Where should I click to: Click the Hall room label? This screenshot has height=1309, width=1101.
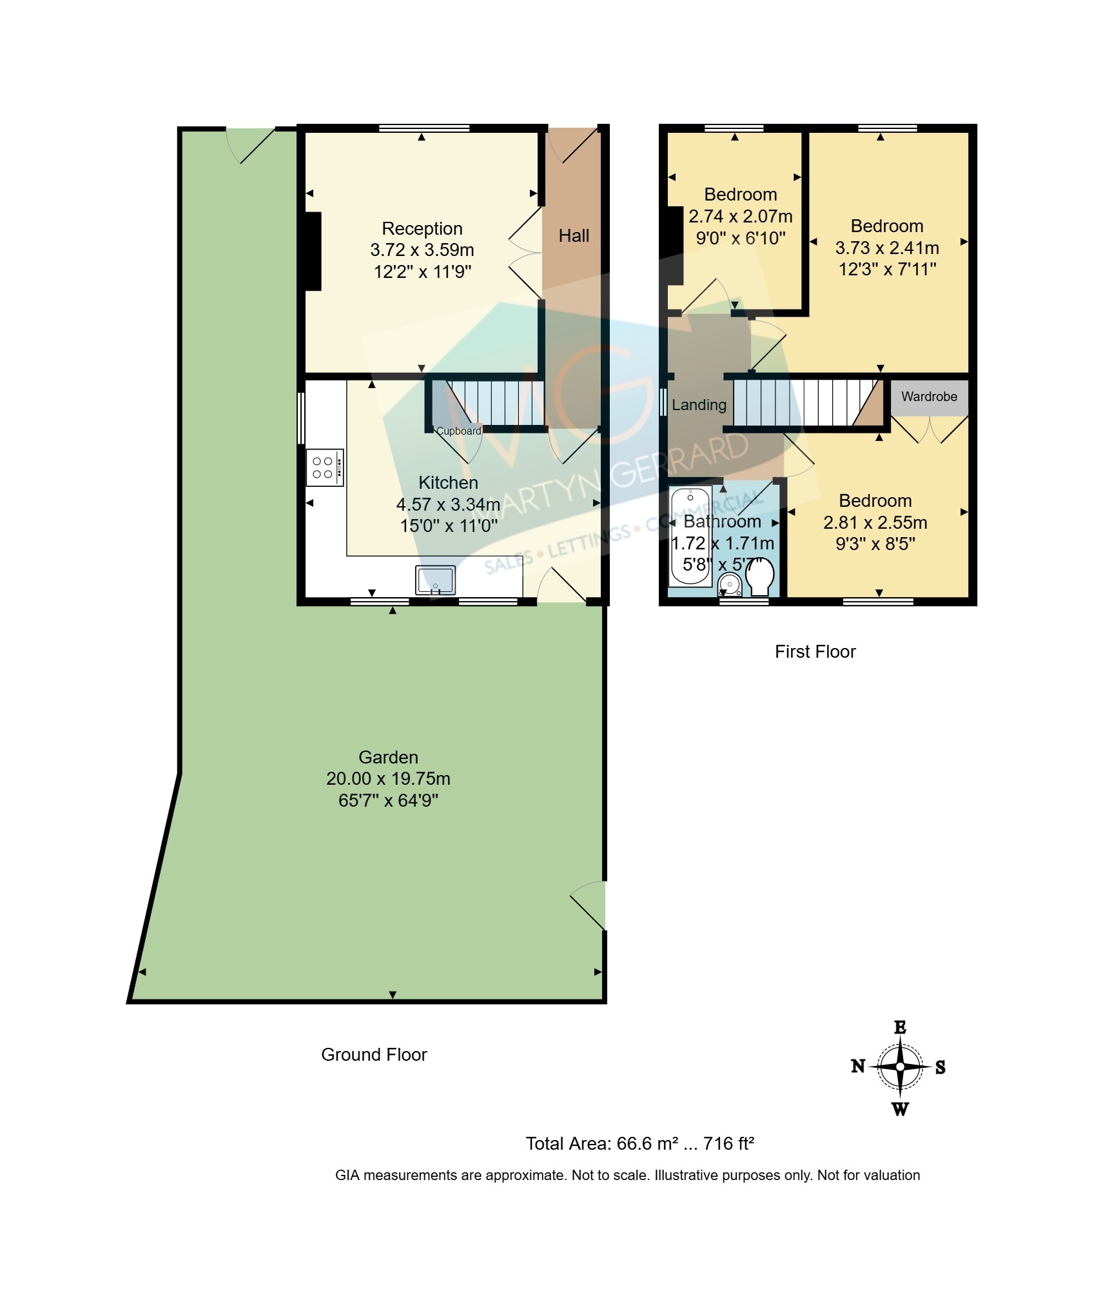pyautogui.click(x=574, y=236)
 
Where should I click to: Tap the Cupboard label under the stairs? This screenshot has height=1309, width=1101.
pyautogui.click(x=459, y=431)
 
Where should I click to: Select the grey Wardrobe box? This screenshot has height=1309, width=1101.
pyautogui.click(x=930, y=397)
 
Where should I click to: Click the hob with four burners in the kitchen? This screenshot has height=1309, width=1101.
pyautogui.click(x=325, y=467)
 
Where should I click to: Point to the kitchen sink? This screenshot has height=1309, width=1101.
pyautogui.click(x=436, y=580)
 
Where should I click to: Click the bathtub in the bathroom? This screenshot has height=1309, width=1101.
pyautogui.click(x=690, y=536)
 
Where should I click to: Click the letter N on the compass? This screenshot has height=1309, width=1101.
pyautogui.click(x=858, y=1067)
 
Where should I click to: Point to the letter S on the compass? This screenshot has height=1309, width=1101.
pyautogui.click(x=940, y=1067)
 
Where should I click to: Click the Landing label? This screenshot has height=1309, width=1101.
pyautogui.click(x=699, y=405)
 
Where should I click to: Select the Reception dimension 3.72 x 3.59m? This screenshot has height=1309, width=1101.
pyautogui.click(x=422, y=250)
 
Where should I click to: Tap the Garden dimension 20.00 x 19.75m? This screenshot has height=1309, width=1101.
pyautogui.click(x=388, y=779)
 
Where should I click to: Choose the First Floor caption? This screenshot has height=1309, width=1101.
pyautogui.click(x=815, y=652)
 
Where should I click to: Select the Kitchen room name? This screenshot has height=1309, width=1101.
pyautogui.click(x=448, y=483)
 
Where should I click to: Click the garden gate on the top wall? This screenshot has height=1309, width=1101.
pyautogui.click(x=251, y=146)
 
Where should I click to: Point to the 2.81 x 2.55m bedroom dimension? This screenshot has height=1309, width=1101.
pyautogui.click(x=875, y=523)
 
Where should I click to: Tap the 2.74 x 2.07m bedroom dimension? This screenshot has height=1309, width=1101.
pyautogui.click(x=741, y=217)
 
